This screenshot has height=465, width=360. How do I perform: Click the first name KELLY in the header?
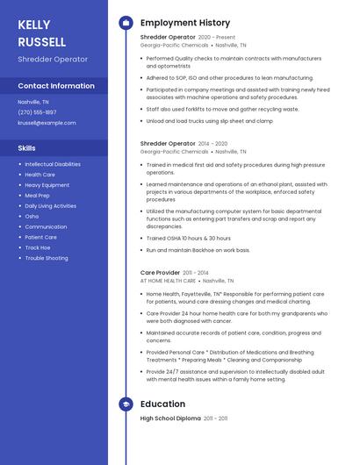34,25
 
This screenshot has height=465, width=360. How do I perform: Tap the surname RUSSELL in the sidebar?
41,41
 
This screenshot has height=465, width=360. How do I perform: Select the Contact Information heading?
56,86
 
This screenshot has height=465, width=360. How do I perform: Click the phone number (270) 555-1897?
37,112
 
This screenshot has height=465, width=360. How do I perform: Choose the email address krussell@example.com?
47,123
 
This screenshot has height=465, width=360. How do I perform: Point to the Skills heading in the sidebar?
27,148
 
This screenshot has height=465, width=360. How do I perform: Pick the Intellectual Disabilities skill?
53,164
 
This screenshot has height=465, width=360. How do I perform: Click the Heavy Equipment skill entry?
47,185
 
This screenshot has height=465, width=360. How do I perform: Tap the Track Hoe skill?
38,247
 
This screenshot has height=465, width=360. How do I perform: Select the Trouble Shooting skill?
46,258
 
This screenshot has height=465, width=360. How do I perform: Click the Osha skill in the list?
32,216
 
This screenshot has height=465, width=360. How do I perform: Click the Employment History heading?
185,23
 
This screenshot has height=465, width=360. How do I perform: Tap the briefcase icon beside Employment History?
126,23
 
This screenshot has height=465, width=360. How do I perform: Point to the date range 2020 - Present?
217,38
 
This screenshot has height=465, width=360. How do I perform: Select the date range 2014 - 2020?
213,143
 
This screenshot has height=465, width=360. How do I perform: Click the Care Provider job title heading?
161,273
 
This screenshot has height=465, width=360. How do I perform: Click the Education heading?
162,404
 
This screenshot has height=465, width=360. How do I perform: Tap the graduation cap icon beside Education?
126,404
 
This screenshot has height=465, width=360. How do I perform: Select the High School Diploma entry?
170,418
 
